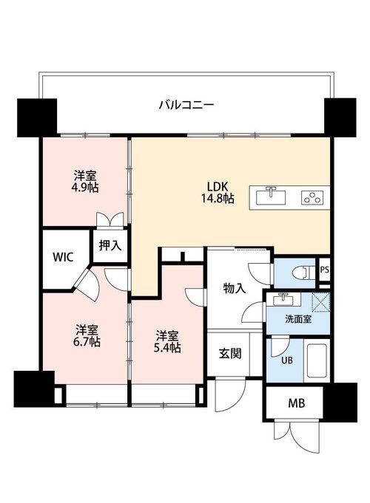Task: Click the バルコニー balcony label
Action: pyautogui.click(x=186, y=105)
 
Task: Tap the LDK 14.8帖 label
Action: pyautogui.click(x=218, y=193)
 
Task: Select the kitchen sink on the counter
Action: pyautogui.click(x=271, y=196)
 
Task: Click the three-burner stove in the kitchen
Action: pyautogui.click(x=312, y=198)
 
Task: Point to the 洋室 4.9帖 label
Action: pyautogui.click(x=85, y=182)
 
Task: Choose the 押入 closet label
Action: pyautogui.click(x=110, y=245)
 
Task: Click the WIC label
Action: pyautogui.click(x=63, y=257)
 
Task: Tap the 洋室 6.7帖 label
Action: pyautogui.click(x=87, y=336)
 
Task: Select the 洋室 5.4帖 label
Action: pyautogui.click(x=166, y=342)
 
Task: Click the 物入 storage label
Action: pyautogui.click(x=235, y=289)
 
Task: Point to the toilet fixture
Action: pyautogui.click(x=303, y=273)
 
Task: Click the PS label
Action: pyautogui.click(x=325, y=270)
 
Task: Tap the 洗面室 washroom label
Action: pyautogui.click(x=298, y=320)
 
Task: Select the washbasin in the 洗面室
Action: pyautogui.click(x=283, y=300)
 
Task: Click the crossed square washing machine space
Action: pyautogui.click(x=321, y=302)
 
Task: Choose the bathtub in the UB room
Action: pyautogui.click(x=317, y=361)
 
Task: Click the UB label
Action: pyautogui.click(x=287, y=360)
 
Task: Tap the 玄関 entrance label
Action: pyautogui.click(x=230, y=354)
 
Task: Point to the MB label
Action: pyautogui.click(x=296, y=403)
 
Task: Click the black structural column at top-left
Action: pyautogui.click(x=37, y=117)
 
